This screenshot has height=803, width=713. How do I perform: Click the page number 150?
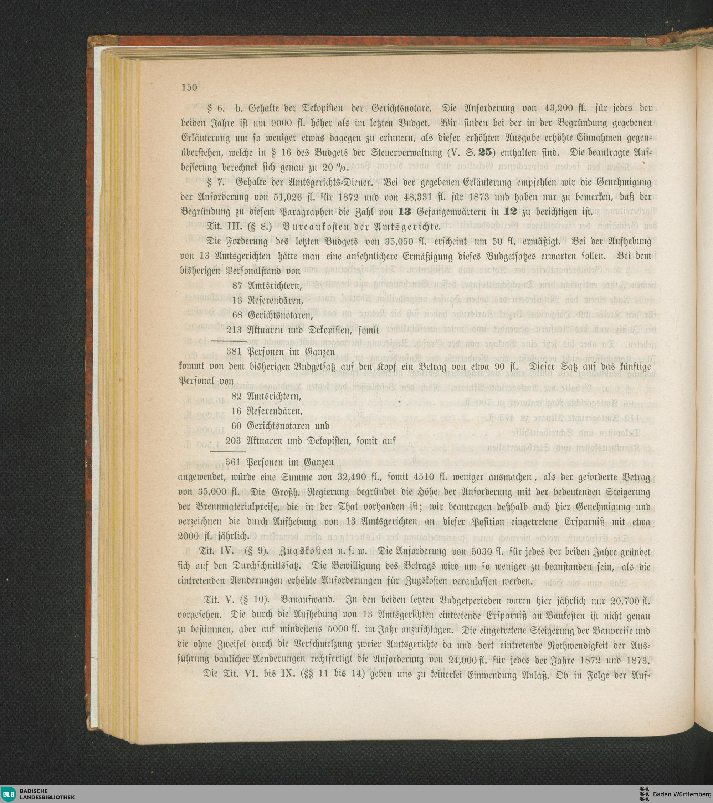[x=189, y=87]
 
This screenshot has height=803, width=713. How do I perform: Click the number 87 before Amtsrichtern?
[x=237, y=285]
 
